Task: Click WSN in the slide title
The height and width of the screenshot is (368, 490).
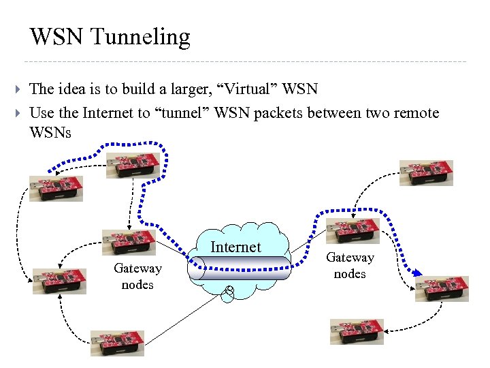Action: click(x=56, y=36)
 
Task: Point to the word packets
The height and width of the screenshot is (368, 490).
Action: click(x=279, y=112)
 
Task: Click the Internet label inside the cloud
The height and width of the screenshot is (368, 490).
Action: click(x=235, y=247)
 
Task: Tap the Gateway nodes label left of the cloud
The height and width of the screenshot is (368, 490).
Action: click(x=137, y=276)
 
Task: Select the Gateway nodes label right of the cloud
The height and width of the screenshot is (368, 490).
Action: click(x=350, y=265)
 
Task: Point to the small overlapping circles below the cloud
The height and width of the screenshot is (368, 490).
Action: click(x=229, y=292)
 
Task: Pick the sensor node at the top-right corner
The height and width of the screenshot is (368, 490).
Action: click(x=426, y=173)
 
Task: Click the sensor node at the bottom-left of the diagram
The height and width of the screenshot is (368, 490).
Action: click(x=118, y=343)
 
